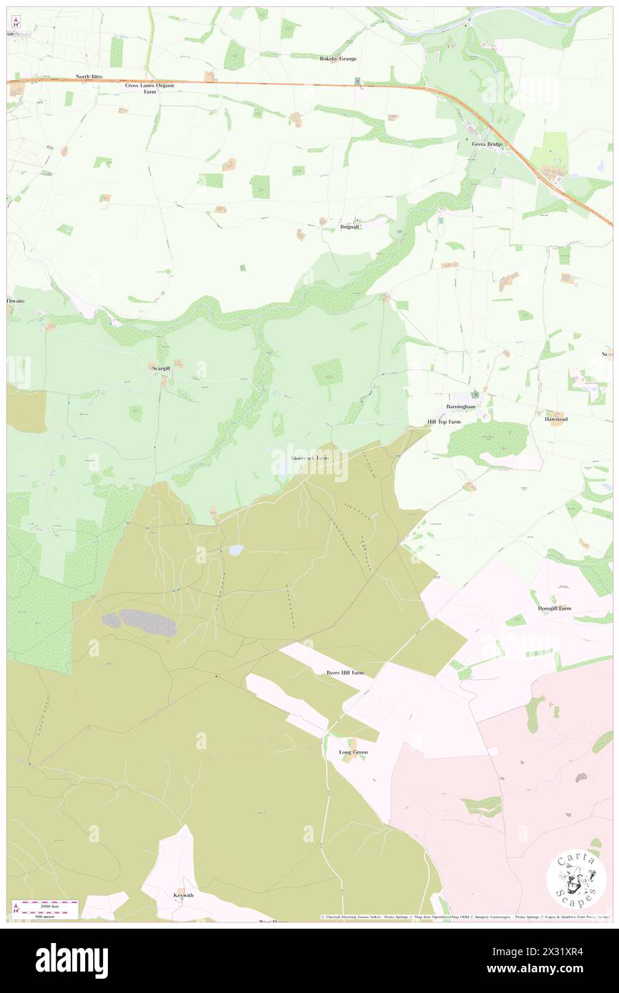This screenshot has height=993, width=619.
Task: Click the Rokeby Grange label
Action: [337, 59]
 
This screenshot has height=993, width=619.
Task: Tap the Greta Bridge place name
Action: [487, 144]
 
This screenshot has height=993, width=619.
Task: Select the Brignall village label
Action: [349, 226]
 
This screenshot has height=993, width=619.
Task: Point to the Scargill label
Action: [160, 369]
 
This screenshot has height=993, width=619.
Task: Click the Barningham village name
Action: [460, 406]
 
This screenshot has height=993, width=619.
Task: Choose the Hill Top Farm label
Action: [444, 422]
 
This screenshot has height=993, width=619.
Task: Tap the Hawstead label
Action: [555, 420]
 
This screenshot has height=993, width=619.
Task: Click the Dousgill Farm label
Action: [554, 609]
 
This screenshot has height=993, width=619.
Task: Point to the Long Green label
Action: [354, 752]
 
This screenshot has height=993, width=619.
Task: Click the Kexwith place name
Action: [184, 895]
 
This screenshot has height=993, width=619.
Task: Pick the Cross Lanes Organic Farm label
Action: [149, 88]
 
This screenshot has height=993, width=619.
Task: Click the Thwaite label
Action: [16, 301]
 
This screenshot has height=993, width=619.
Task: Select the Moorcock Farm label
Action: [310, 457]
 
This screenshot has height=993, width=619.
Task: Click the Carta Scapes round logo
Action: [576, 878]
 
